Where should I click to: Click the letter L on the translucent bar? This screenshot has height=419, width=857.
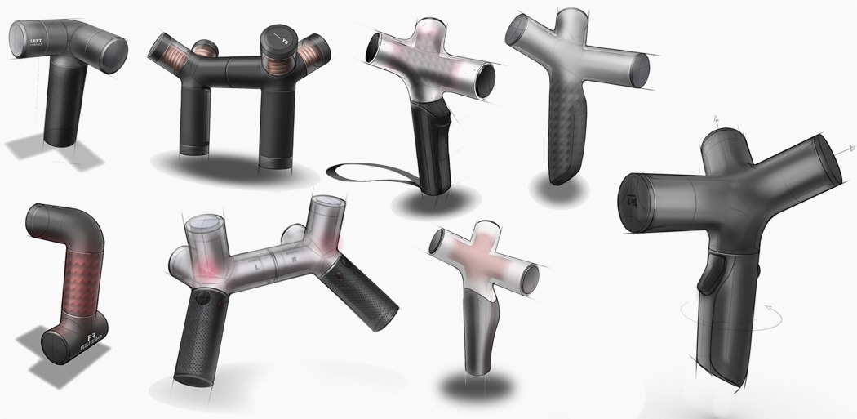point(257,265)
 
